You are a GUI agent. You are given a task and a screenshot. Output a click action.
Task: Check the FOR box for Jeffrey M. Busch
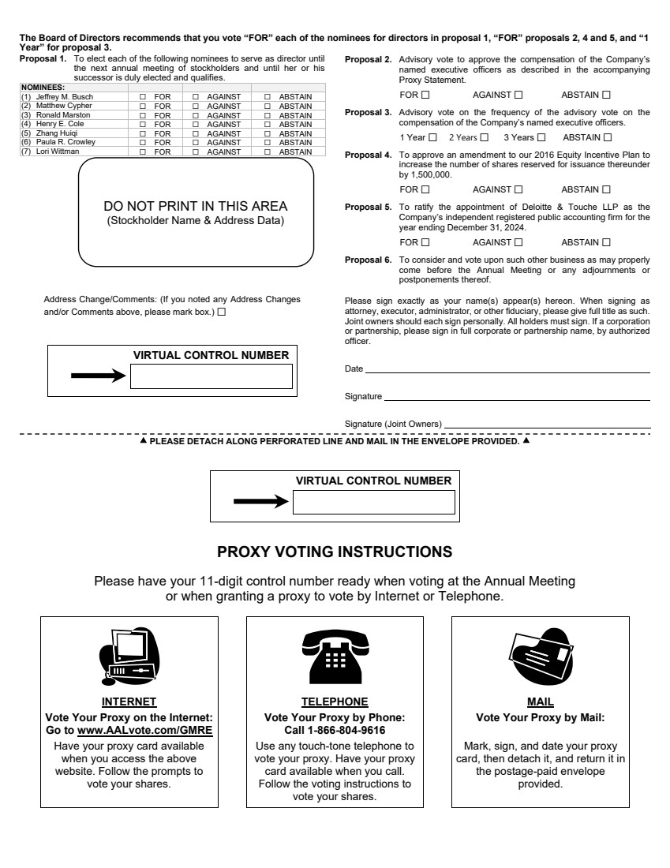tap(143, 96)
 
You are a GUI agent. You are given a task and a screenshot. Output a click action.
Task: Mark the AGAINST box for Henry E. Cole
tap(196, 124)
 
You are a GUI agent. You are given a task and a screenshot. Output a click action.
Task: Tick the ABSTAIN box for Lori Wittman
tap(267, 152)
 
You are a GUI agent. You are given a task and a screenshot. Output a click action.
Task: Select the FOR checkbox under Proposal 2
tap(425, 95)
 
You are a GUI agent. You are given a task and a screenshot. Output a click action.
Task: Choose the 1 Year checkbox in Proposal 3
tap(432, 137)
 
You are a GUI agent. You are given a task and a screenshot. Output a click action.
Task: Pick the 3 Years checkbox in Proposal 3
tap(541, 137)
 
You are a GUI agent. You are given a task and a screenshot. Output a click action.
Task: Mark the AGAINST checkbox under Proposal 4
tap(518, 189)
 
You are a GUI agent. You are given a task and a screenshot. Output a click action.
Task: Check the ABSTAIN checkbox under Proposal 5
tap(607, 242)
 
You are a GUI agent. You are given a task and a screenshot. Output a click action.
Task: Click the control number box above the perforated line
tap(211, 376)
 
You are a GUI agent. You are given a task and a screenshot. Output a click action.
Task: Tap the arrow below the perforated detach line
tap(261, 502)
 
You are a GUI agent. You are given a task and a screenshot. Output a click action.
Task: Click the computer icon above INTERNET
tap(129, 656)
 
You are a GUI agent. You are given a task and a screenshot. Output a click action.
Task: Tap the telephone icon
tap(335, 656)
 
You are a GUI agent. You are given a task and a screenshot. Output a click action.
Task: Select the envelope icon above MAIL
tap(540, 656)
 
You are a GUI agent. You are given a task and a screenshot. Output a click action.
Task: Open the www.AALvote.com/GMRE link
tap(144, 730)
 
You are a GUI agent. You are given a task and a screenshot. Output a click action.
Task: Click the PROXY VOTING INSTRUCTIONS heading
tap(335, 551)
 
